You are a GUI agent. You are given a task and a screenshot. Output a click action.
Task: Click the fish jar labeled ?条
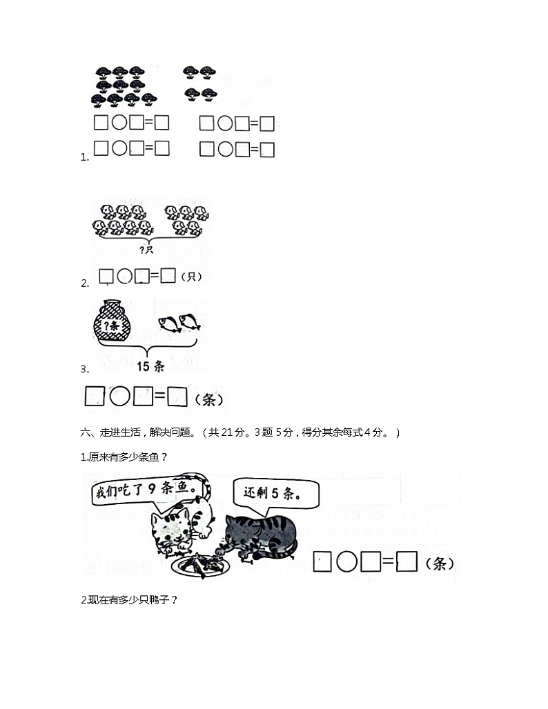coord(114,320)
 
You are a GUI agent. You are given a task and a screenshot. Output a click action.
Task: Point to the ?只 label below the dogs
coord(146,250)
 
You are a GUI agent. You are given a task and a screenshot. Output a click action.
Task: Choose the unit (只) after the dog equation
coord(191,277)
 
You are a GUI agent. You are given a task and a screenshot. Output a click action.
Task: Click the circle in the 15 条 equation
coord(120,397)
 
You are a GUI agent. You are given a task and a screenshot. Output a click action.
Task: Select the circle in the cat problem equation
coord(346,562)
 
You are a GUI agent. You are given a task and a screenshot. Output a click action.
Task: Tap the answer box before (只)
coord(168,277)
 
